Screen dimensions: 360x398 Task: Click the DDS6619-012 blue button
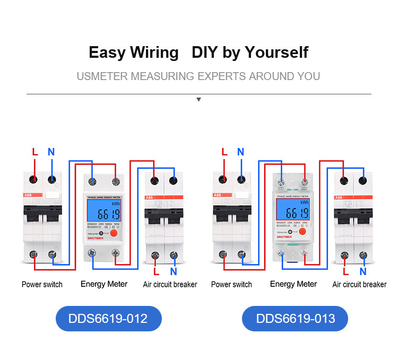[x=108, y=319]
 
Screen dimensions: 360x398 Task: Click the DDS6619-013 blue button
[x=295, y=319]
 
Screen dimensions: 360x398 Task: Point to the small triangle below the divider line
[x=198, y=99]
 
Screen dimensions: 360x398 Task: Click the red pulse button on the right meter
[x=302, y=232]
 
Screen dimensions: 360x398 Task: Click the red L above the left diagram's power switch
[x=35, y=152]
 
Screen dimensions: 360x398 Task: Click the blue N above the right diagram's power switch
[x=240, y=152]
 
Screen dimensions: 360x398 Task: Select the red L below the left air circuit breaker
[x=156, y=271]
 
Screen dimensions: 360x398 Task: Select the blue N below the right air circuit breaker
[x=362, y=271]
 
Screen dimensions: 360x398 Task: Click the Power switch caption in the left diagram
[x=42, y=285]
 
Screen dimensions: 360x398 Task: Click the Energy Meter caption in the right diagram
[x=293, y=284]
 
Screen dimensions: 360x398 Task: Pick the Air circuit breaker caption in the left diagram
[x=170, y=285]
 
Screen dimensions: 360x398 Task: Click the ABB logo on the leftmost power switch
[x=28, y=196]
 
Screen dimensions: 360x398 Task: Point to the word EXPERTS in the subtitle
[x=221, y=76]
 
